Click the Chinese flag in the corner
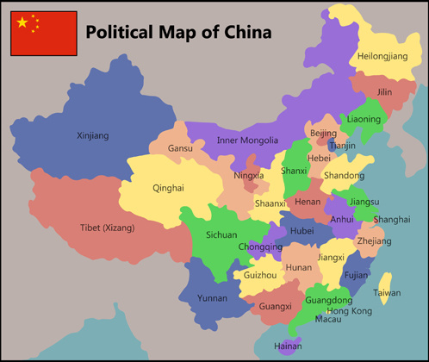44,34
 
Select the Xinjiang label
93,135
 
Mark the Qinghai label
168,187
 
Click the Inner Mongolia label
247,140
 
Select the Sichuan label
221,234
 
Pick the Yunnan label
212,298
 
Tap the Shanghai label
392,219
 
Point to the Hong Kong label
350,310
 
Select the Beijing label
323,133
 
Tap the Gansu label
180,148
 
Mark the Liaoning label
364,118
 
